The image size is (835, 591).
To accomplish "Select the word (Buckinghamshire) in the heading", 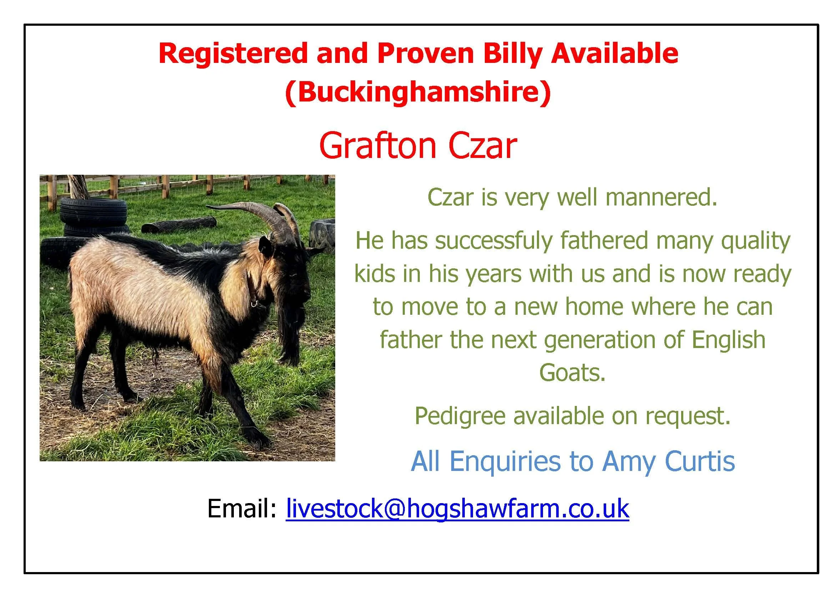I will pyautogui.click(x=418, y=92).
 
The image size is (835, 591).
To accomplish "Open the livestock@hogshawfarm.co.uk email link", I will pyautogui.click(x=457, y=509).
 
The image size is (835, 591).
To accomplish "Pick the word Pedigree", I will pyautogui.click(x=460, y=416).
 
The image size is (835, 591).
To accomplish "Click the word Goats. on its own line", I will pyautogui.click(x=572, y=372).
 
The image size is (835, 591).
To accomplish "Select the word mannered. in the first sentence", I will pyautogui.click(x=661, y=197).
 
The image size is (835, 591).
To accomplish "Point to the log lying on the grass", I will pyautogui.click(x=178, y=225).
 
